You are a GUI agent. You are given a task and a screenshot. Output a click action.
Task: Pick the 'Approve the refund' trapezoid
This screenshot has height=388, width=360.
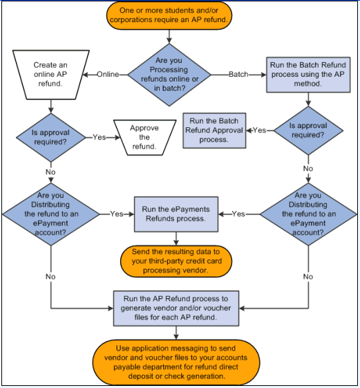[x=144, y=137]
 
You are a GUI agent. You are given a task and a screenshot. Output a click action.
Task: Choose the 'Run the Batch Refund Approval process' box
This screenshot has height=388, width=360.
[x=214, y=129]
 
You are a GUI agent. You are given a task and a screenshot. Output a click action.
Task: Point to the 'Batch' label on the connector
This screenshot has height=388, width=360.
[x=238, y=74]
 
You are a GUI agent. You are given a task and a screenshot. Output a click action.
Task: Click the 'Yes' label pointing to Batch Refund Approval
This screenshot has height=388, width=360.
[x=259, y=130]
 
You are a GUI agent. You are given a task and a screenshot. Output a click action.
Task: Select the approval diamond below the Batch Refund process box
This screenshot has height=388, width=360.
[x=307, y=130]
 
